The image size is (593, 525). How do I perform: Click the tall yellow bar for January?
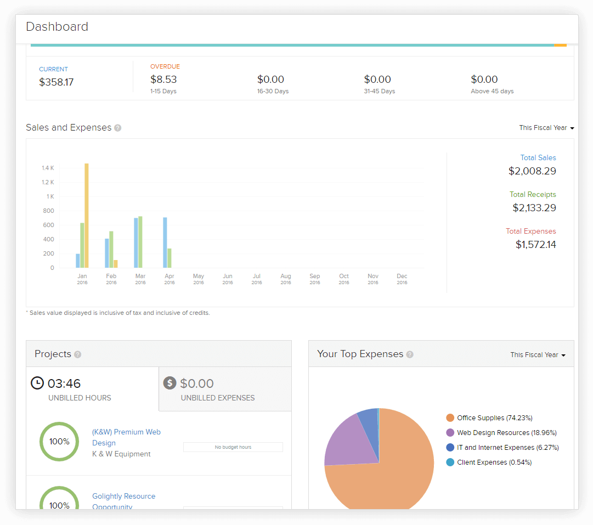pyautogui.click(x=87, y=215)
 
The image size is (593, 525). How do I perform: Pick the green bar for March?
pyautogui.click(x=140, y=242)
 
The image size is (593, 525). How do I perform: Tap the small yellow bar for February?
pyautogui.click(x=116, y=264)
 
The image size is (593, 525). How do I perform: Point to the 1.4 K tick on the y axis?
pyautogui.click(x=48, y=168)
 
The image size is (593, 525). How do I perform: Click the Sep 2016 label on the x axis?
pyautogui.click(x=314, y=279)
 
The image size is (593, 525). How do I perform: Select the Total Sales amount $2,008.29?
pyautogui.click(x=532, y=171)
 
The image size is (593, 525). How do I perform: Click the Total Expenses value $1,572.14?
pyautogui.click(x=535, y=245)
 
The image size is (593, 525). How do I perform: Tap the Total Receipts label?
pyautogui.click(x=532, y=194)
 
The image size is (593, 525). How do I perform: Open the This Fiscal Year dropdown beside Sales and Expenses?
pyautogui.click(x=546, y=128)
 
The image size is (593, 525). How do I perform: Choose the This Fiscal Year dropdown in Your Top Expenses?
pyautogui.click(x=538, y=355)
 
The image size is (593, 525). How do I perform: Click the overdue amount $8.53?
pyautogui.click(x=163, y=80)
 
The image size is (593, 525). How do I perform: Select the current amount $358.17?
pyautogui.click(x=56, y=82)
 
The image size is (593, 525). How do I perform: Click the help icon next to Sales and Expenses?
pyautogui.click(x=117, y=128)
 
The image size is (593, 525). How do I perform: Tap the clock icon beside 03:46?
pyautogui.click(x=37, y=383)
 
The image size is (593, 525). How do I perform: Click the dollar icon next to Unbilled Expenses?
pyautogui.click(x=170, y=383)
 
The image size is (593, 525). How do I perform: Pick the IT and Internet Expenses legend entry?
pyautogui.click(x=502, y=448)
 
